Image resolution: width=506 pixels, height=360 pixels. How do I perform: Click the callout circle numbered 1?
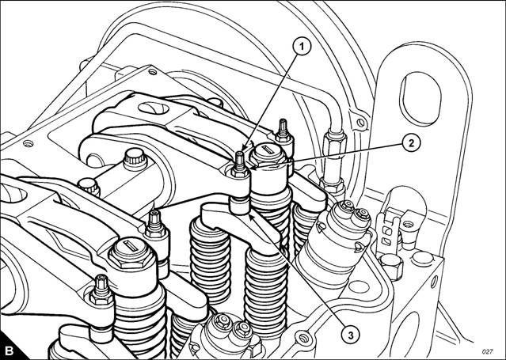click(x=302, y=47)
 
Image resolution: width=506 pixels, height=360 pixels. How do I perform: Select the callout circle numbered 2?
click(x=412, y=143)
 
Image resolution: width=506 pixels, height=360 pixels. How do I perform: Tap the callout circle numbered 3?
click(x=351, y=335)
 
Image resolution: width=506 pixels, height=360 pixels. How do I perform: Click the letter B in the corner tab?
click(x=10, y=351)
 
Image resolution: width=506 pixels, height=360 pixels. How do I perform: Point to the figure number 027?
click(x=487, y=351)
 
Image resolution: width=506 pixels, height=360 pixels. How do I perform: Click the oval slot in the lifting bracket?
click(x=420, y=98)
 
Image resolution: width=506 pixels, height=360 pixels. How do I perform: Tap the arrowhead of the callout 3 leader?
click(x=253, y=218)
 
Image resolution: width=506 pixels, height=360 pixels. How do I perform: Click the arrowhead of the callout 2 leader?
click(x=253, y=168)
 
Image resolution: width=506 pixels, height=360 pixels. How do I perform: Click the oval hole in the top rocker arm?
click(x=154, y=108)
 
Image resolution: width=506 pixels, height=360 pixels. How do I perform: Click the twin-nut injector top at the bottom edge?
click(x=231, y=329)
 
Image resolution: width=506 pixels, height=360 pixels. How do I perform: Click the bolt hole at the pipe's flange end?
click(x=361, y=123)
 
